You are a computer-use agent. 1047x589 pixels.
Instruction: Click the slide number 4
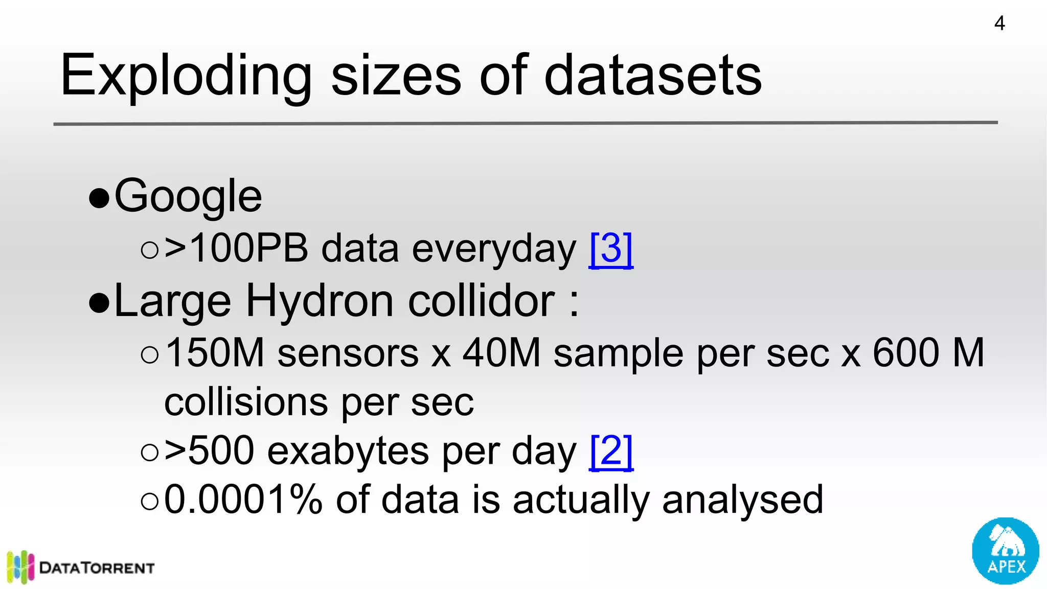[x=999, y=24]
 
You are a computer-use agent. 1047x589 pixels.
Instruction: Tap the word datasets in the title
[x=653, y=76]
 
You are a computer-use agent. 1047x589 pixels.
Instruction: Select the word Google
[x=188, y=196]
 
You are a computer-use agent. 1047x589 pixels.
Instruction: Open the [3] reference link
[x=611, y=249]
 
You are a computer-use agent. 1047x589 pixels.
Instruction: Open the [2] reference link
[x=611, y=451]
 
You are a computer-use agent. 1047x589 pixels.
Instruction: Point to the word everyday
[x=494, y=249]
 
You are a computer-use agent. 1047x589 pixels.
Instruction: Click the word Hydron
[x=320, y=301]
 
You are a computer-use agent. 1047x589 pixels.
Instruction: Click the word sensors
[x=348, y=353]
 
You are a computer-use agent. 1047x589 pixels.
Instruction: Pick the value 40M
[x=502, y=353]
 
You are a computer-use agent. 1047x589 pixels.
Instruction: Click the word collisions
[x=246, y=402]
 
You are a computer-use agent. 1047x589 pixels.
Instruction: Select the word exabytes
[x=348, y=451]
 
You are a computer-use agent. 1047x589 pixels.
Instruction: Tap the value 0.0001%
[x=243, y=500]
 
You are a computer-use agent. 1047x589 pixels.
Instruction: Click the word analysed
[x=742, y=500]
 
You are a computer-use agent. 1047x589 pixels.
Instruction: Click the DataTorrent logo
[x=81, y=567]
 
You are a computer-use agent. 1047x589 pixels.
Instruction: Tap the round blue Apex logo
[x=1005, y=551]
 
